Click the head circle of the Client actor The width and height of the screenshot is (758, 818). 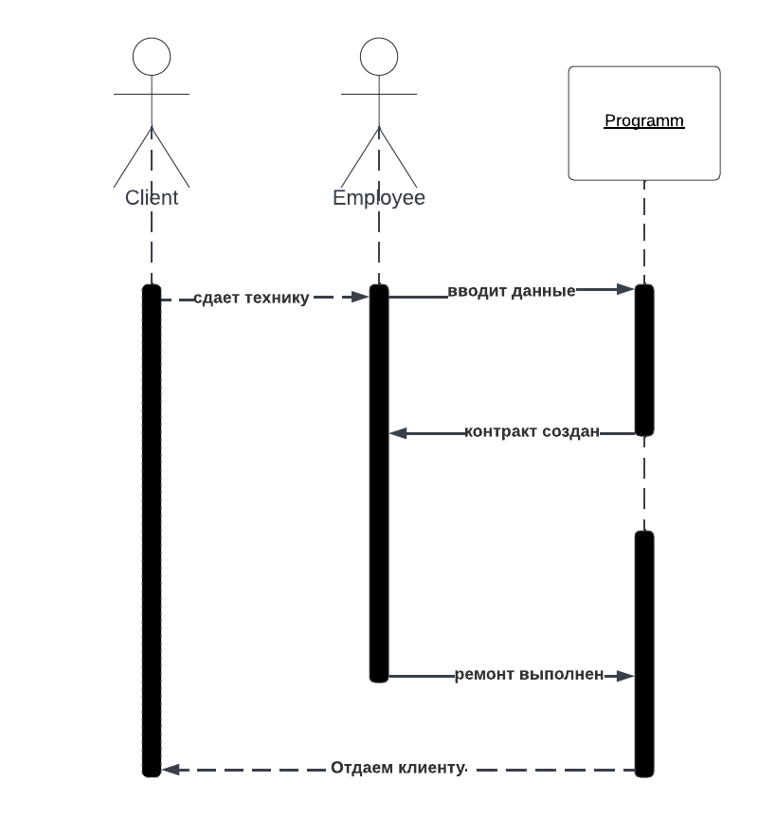click(x=152, y=57)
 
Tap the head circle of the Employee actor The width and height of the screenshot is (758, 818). click(x=379, y=57)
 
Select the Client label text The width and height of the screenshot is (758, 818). click(x=152, y=198)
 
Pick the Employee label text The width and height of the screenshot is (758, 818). click(x=379, y=198)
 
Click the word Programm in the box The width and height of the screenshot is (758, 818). click(x=644, y=121)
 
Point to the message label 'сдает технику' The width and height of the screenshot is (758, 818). click(x=251, y=298)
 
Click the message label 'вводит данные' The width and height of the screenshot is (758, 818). click(x=512, y=291)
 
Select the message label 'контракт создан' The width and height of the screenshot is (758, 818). click(x=532, y=432)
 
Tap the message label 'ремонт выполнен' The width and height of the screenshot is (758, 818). click(x=529, y=675)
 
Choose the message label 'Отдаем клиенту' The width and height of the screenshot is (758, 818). click(x=398, y=768)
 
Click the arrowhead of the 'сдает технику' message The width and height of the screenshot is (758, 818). click(x=360, y=297)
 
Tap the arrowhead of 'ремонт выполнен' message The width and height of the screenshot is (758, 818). click(x=625, y=676)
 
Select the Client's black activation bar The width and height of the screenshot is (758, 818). click(x=152, y=531)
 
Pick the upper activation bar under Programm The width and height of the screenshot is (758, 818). click(x=644, y=360)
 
